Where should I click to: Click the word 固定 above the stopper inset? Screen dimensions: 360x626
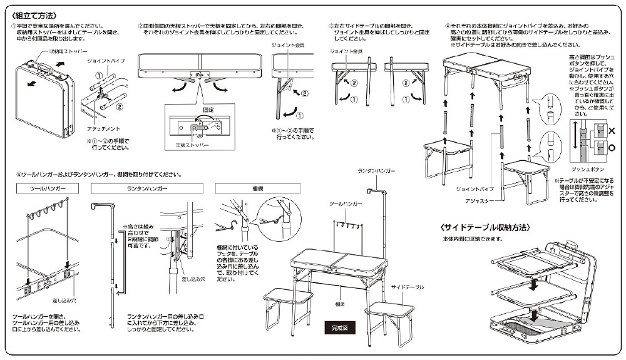coord(199,108)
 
